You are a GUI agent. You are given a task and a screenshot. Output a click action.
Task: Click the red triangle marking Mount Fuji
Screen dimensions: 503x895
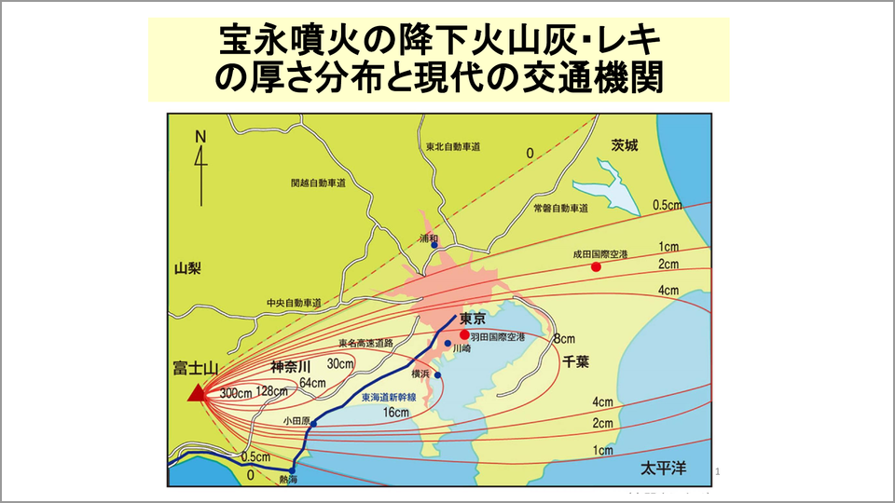click(197, 393)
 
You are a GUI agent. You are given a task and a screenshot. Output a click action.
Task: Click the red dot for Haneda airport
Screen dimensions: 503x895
click(464, 334)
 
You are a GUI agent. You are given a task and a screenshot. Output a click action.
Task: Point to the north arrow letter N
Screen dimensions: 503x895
click(200, 136)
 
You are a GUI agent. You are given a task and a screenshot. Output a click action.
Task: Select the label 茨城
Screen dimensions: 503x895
click(626, 145)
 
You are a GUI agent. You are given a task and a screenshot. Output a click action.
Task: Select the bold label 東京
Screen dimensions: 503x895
click(475, 318)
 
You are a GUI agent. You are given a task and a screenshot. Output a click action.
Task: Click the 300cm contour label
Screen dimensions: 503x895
click(237, 392)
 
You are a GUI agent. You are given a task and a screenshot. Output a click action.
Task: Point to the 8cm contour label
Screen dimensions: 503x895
click(564, 338)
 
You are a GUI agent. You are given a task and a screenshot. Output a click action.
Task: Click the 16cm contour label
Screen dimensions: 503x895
click(396, 412)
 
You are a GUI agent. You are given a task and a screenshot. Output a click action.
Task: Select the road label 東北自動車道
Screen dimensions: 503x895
click(453, 147)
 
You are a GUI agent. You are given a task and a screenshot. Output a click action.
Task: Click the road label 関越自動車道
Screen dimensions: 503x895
click(318, 184)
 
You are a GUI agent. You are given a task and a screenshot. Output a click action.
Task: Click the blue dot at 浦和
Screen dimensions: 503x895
click(434, 245)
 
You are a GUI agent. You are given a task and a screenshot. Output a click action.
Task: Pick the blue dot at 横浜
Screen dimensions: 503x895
click(437, 375)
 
